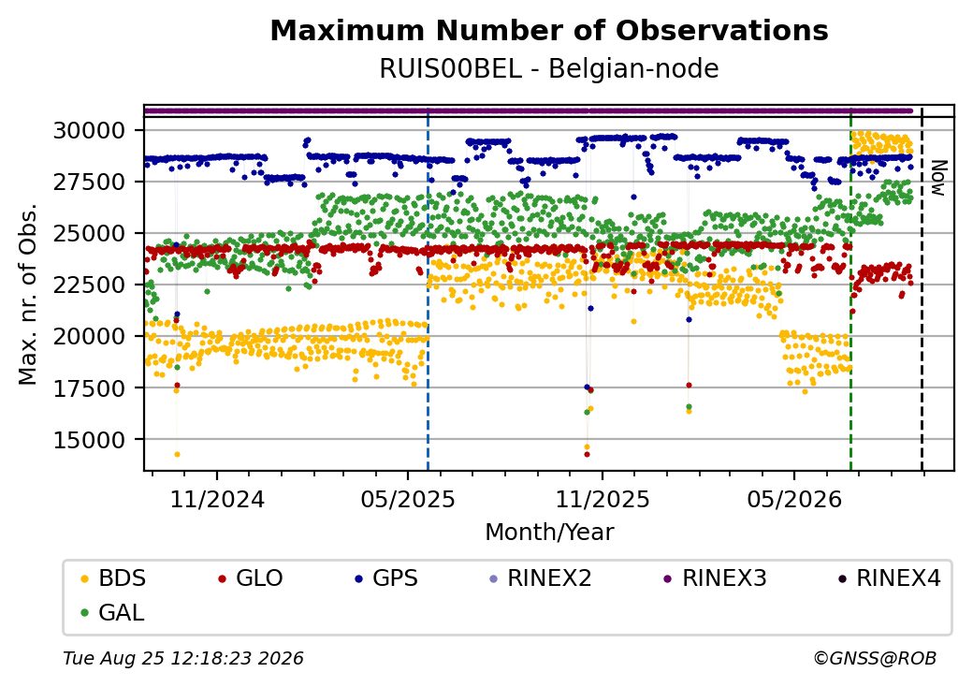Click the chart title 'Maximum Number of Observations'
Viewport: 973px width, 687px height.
(x=549, y=30)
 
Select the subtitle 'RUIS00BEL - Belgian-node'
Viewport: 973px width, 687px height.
(x=549, y=69)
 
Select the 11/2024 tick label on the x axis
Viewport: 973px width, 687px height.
(x=217, y=499)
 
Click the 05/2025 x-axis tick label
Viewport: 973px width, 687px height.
(x=408, y=499)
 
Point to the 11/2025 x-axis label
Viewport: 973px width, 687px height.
(x=602, y=499)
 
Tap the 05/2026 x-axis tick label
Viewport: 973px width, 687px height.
(x=794, y=499)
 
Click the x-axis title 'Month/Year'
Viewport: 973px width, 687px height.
(x=549, y=532)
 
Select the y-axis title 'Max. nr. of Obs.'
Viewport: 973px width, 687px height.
(x=28, y=294)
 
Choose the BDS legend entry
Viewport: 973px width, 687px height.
(x=113, y=578)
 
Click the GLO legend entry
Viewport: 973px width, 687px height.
(x=251, y=578)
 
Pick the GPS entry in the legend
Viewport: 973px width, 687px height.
(x=386, y=578)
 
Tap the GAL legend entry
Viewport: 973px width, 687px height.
(x=113, y=612)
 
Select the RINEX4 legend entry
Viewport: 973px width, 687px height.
(x=890, y=578)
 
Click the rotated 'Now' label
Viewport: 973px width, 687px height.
(x=939, y=178)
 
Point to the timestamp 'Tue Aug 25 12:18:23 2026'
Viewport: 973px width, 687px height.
(x=183, y=658)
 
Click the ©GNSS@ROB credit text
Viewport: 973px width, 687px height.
(x=875, y=658)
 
